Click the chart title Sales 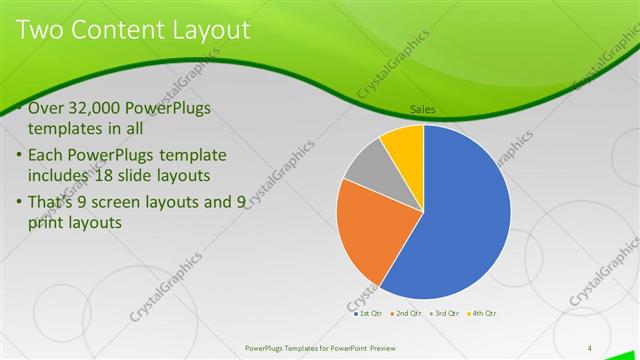coord(423,110)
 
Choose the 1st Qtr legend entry coord(367,313)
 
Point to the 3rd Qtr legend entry coord(443,313)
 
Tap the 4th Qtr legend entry coord(482,313)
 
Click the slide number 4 coord(590,347)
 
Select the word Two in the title coord(41,30)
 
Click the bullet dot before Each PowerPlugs coord(20,156)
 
